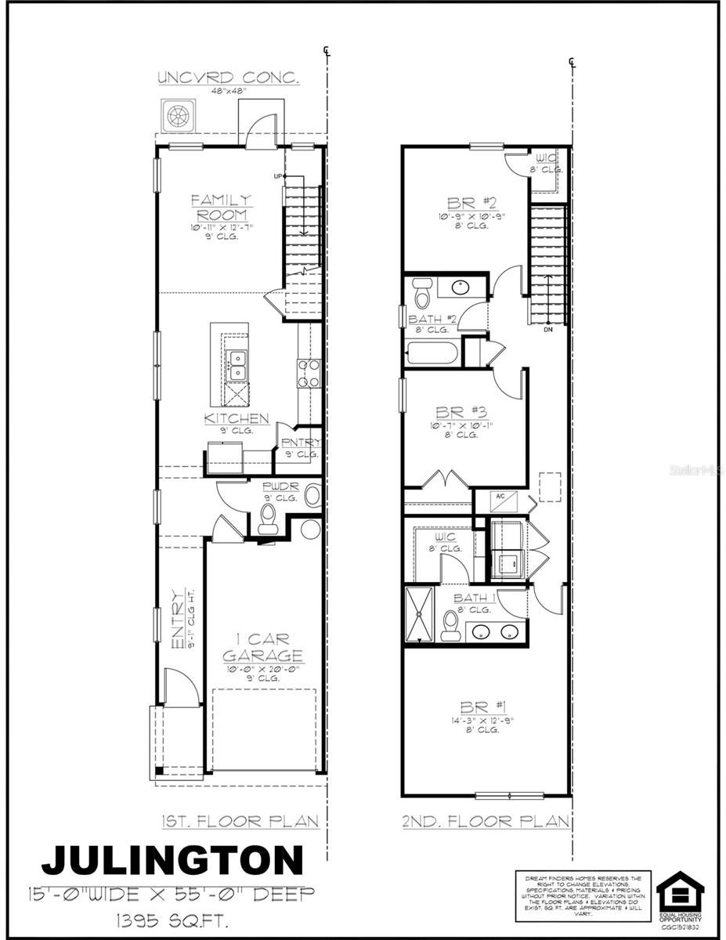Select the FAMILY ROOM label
(222, 208)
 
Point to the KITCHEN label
(237, 419)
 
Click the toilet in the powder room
(268, 517)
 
